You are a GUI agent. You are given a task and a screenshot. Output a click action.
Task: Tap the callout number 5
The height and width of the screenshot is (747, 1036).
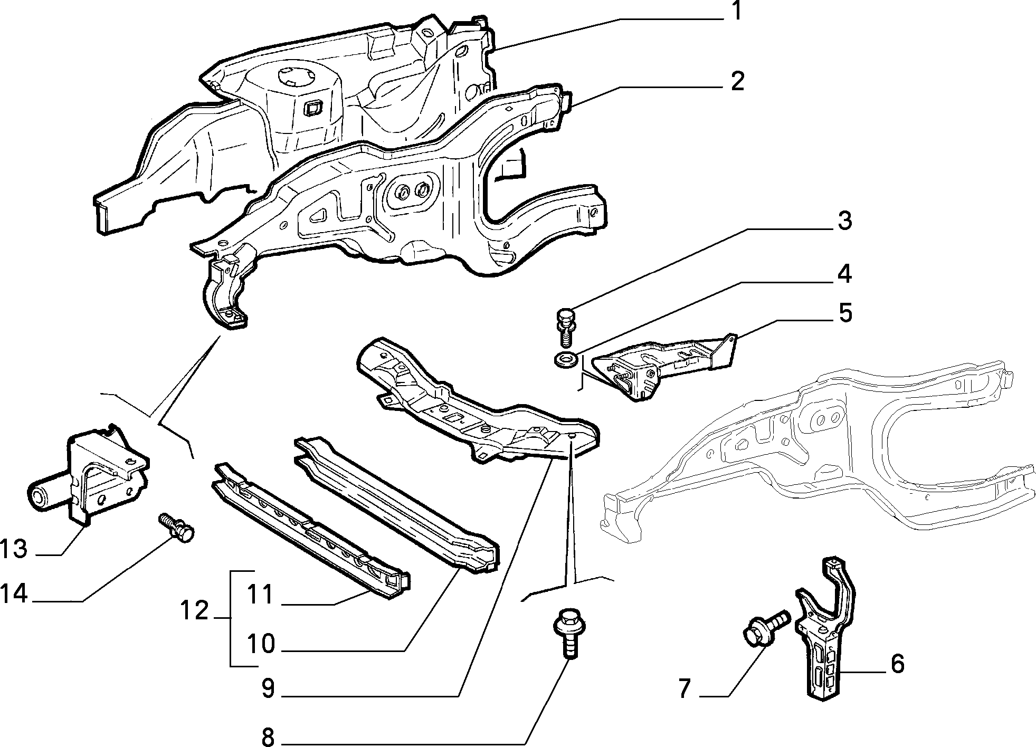coord(845,313)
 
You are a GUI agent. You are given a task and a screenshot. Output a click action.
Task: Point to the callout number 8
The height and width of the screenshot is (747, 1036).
coord(268,736)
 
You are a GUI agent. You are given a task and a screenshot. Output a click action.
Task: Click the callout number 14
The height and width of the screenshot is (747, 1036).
coord(14,594)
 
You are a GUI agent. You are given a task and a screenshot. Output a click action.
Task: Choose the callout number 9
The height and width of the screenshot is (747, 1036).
coord(268,688)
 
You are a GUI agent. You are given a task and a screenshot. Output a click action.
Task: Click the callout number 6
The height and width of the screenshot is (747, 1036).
coord(897,664)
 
